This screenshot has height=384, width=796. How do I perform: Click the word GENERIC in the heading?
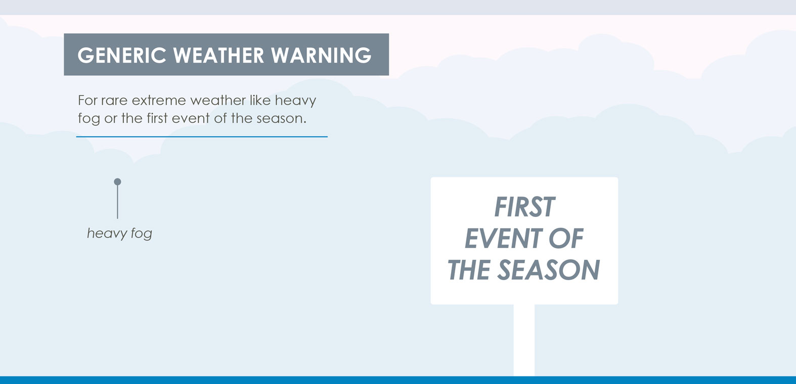(122, 55)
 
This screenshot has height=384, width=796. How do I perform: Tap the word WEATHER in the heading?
(218, 55)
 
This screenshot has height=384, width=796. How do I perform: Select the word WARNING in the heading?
(321, 55)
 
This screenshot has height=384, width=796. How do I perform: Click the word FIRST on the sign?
(524, 207)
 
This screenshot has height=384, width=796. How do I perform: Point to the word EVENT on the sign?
(504, 238)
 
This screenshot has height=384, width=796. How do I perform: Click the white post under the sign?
(524, 340)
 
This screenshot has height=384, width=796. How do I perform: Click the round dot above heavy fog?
(118, 182)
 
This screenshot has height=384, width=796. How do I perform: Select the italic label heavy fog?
(119, 233)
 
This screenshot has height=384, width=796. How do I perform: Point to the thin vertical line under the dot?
(118, 202)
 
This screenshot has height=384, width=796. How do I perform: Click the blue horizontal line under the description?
(202, 136)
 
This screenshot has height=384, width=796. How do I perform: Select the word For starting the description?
(87, 101)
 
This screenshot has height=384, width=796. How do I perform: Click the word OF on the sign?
(566, 238)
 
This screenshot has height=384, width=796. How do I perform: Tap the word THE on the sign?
(469, 270)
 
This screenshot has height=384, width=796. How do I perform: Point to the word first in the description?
(157, 118)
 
